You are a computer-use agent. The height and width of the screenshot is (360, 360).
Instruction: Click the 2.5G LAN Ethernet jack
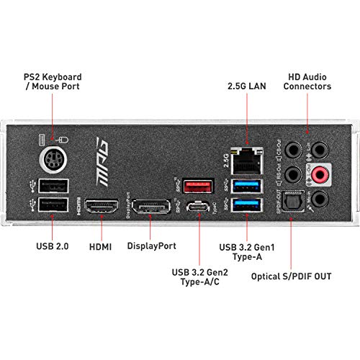(x=247, y=161)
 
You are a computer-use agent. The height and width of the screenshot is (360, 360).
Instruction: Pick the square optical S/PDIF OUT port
(x=292, y=202)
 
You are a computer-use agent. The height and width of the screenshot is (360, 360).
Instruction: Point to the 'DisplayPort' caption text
(x=152, y=245)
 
